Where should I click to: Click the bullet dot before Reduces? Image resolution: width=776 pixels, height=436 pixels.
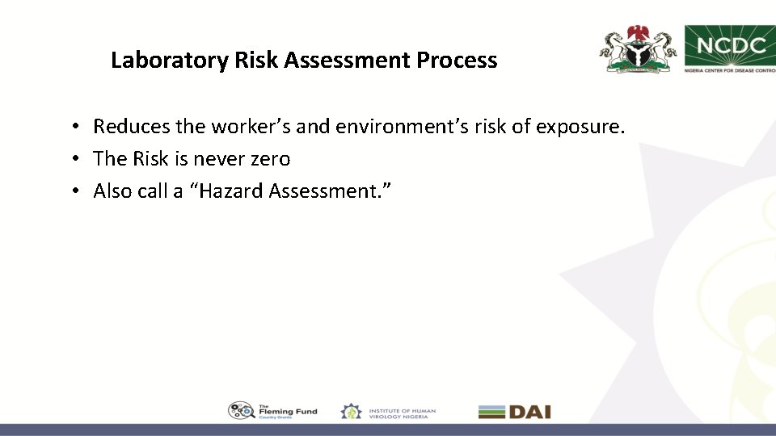point(74,128)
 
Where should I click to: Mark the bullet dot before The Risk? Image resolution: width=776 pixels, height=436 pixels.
point(74,160)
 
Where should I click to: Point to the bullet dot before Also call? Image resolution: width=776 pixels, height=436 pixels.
point(74,192)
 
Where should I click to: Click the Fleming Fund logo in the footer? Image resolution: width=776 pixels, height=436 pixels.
point(272,411)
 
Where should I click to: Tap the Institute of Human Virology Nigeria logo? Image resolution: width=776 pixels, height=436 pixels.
point(388,411)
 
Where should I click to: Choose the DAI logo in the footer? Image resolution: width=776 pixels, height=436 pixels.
point(514,411)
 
